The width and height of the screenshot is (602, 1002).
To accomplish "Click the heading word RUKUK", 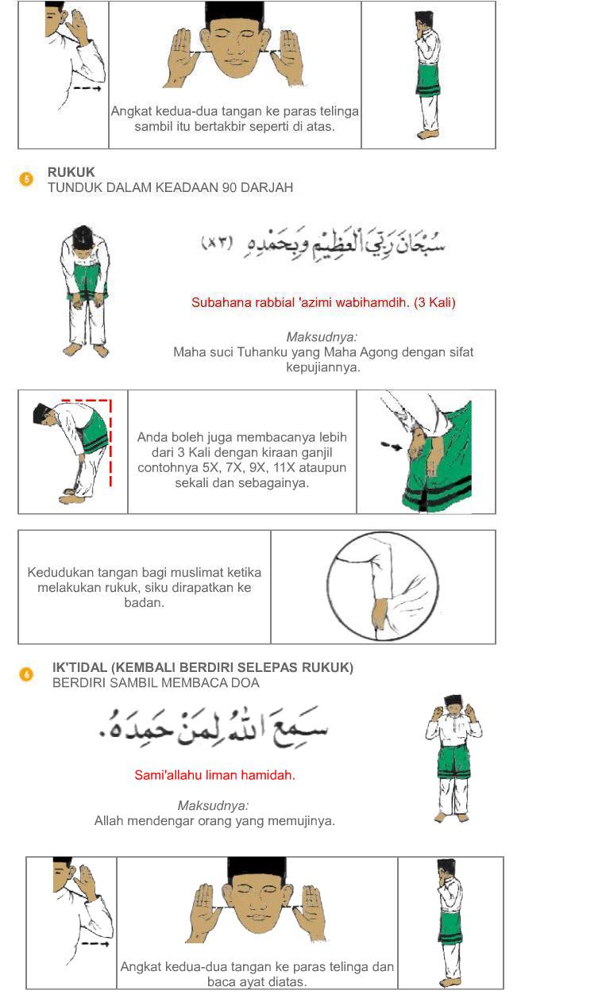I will click(x=71, y=172).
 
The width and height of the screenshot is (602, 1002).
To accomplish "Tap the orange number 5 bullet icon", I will click(x=26, y=179).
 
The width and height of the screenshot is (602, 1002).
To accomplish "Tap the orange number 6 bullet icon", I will click(x=26, y=674).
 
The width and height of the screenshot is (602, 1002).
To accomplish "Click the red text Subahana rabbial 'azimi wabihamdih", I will click(x=323, y=302).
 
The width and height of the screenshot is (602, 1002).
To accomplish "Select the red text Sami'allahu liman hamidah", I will click(x=214, y=775).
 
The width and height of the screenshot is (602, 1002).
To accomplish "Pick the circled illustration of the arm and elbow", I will click(x=382, y=586).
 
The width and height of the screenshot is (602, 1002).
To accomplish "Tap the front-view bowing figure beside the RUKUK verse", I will click(x=85, y=291).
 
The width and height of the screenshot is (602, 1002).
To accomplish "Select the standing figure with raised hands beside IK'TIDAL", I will click(x=453, y=758).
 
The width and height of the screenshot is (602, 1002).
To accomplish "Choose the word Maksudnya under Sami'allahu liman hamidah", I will click(x=213, y=805).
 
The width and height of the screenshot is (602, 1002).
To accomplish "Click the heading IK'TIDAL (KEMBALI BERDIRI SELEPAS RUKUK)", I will click(x=203, y=668).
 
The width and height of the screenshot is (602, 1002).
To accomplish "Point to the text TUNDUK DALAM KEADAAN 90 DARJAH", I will click(x=170, y=188).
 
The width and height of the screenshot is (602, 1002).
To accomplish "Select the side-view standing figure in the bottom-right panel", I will click(x=450, y=922).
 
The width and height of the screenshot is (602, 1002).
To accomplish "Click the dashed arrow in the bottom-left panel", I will click(x=95, y=945).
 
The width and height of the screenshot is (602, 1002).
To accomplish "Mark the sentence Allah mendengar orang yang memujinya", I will click(x=214, y=821).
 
